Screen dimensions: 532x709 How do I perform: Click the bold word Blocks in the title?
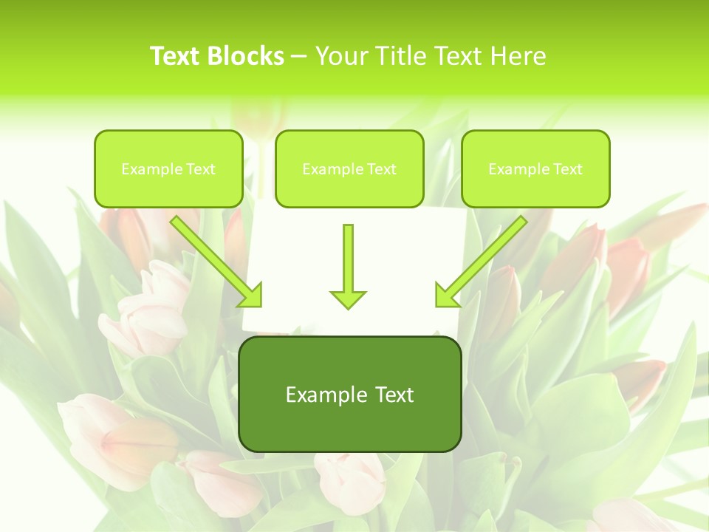(x=247, y=56)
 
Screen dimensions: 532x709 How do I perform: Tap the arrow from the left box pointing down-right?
(x=217, y=262)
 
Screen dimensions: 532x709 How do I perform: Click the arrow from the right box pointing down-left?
(x=480, y=262)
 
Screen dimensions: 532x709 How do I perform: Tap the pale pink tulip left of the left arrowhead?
(x=151, y=310)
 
